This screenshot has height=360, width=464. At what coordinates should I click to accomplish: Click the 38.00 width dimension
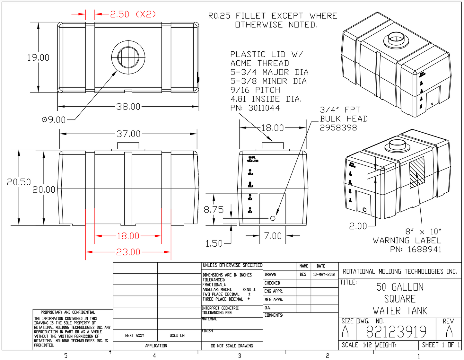pos(128,107)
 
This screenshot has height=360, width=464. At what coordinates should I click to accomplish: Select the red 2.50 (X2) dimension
pos(133,14)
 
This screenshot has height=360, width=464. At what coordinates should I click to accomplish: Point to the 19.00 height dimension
pos(38,58)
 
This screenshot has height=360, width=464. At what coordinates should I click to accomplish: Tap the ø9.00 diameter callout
pos(54,120)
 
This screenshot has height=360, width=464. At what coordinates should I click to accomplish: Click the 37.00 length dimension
pos(128,134)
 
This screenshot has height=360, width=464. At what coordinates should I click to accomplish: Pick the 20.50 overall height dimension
pos(19,182)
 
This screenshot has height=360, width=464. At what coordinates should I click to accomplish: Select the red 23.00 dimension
pos(128,252)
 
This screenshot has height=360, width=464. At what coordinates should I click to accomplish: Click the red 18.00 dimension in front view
pos(128,236)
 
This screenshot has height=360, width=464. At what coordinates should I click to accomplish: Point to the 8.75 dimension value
pos(214,210)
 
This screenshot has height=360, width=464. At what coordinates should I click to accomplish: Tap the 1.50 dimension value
pos(214,244)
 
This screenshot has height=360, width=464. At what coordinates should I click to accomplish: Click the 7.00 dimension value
pos(273,236)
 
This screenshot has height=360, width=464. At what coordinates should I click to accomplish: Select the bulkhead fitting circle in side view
pos(273,218)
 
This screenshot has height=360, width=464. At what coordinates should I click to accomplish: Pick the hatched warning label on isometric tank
pos(417,172)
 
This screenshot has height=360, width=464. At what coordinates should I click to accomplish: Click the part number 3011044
pos(264,108)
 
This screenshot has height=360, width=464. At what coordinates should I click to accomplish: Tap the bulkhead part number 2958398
pos(338,128)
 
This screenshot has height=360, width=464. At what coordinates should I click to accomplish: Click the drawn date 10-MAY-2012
pos(324,275)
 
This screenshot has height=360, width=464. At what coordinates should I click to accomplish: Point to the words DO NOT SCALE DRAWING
pos(232,346)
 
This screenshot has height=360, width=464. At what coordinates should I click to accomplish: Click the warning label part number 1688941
pos(425,250)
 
